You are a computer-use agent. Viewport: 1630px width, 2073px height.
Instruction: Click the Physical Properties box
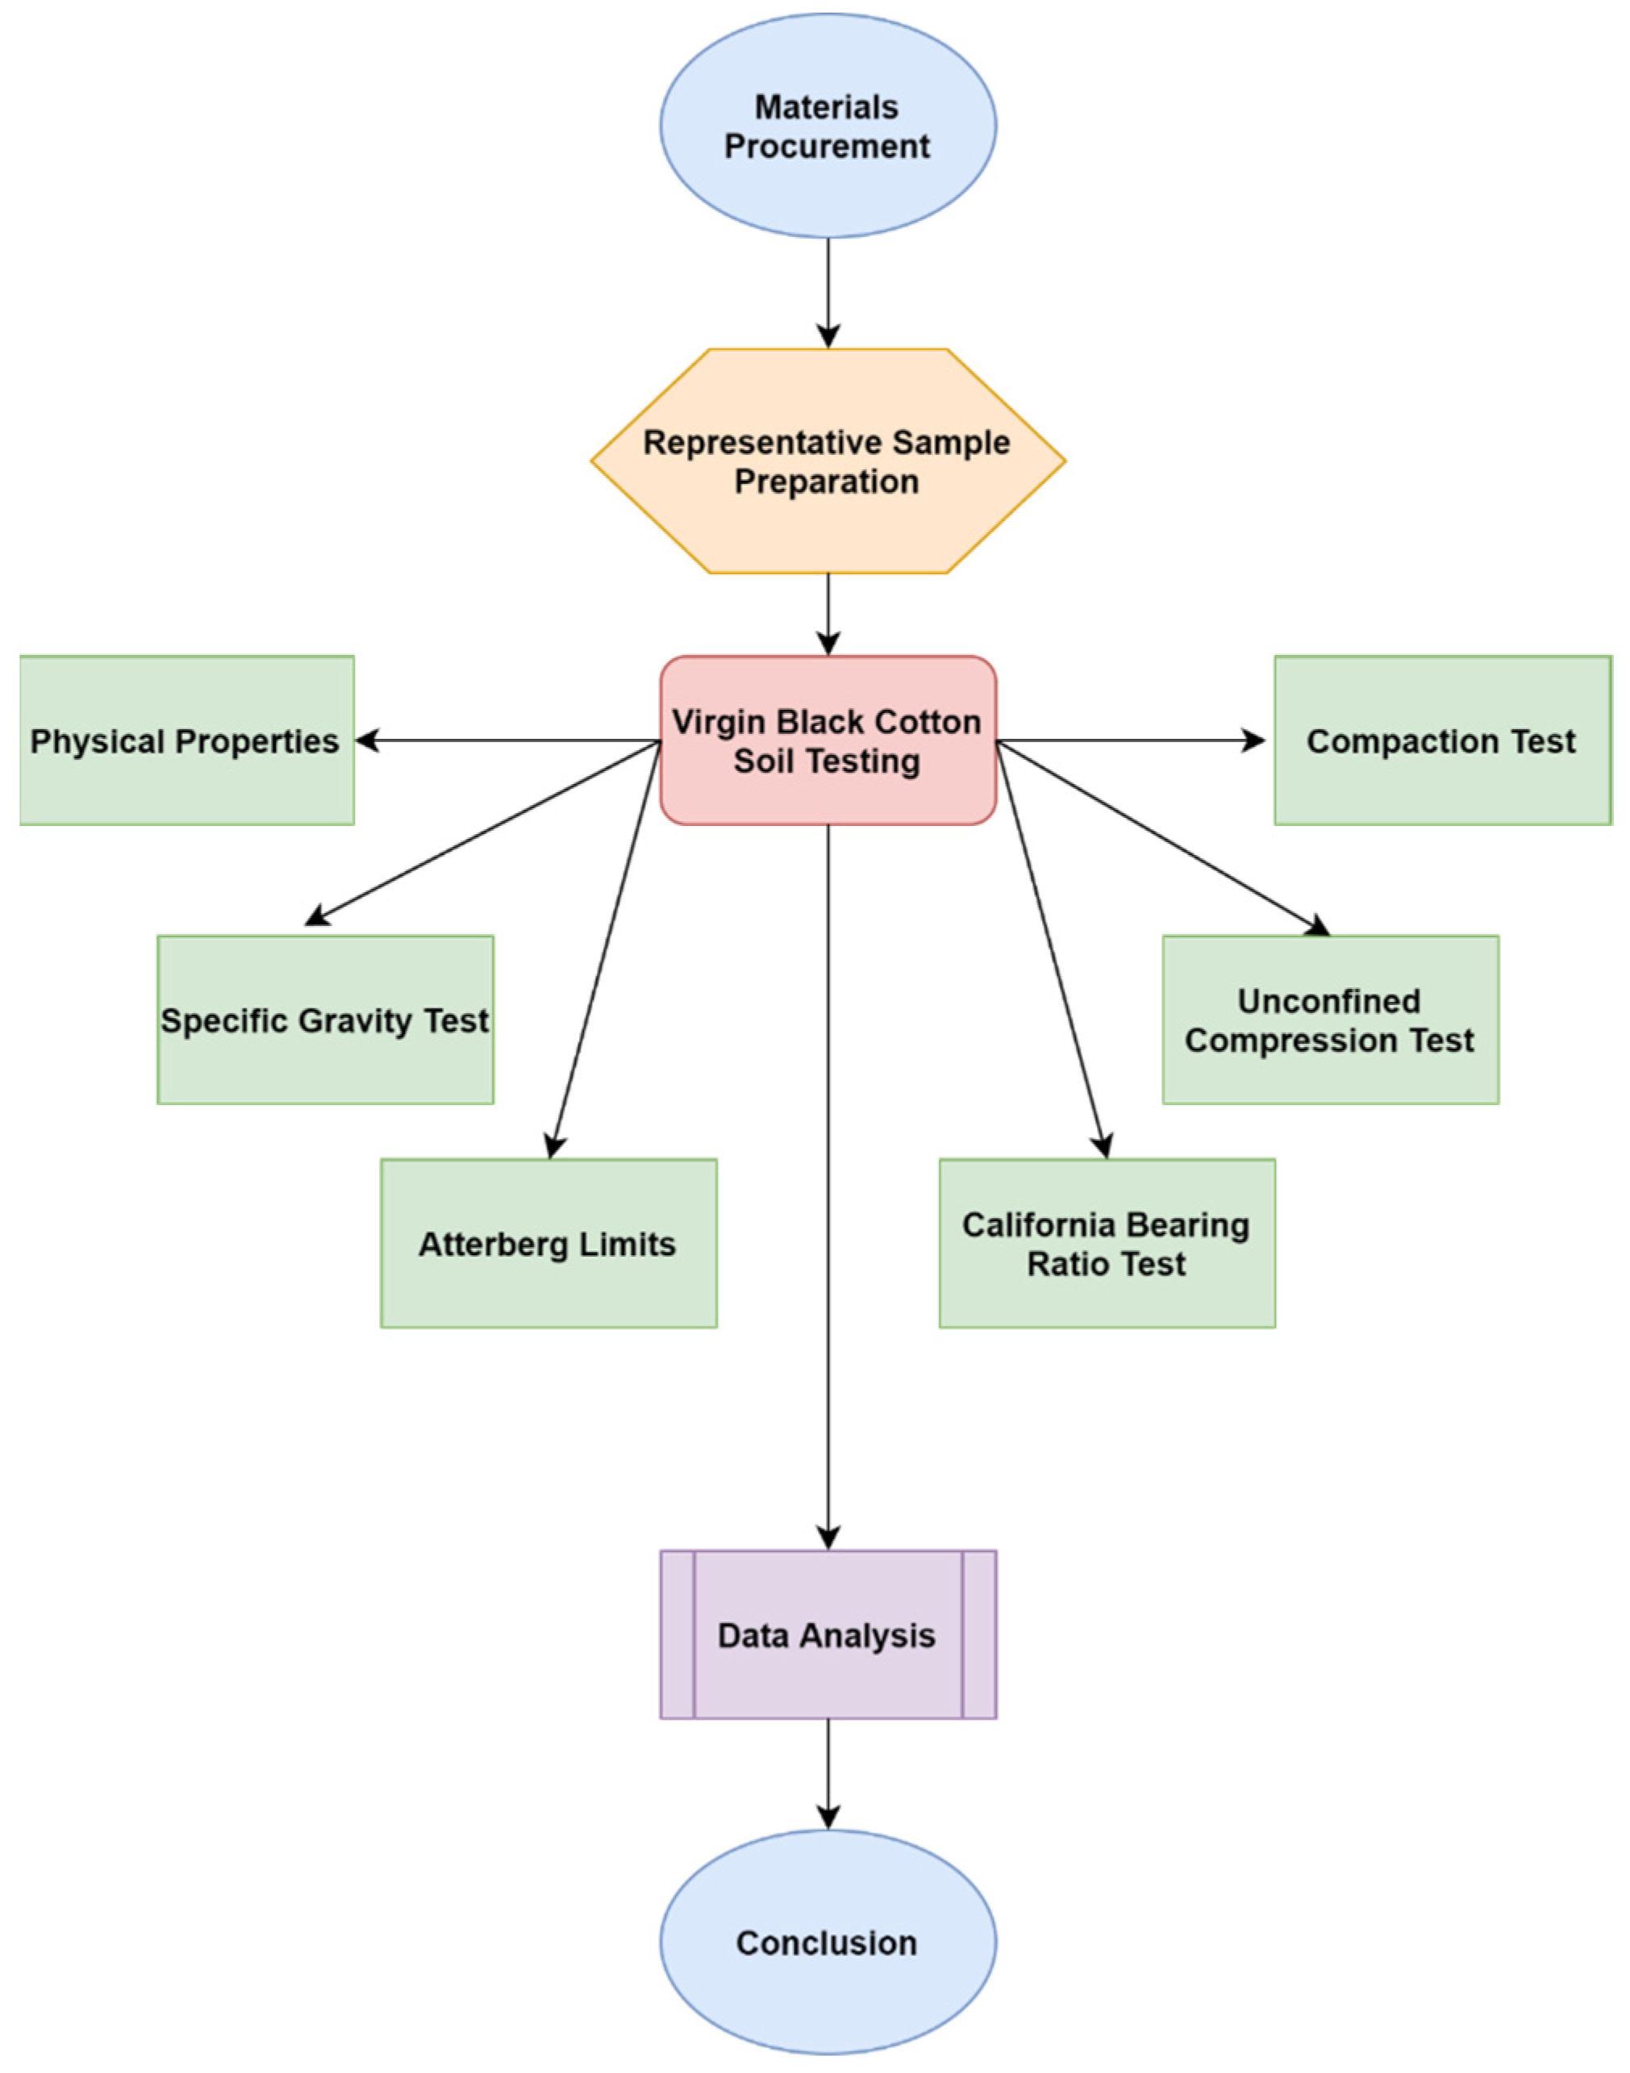[x=186, y=740]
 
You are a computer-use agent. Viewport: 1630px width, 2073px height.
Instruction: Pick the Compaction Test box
[x=1442, y=740]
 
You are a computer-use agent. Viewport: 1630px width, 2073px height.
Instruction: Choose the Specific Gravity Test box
[x=324, y=1020]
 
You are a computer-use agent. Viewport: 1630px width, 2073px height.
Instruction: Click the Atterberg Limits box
[x=548, y=1243]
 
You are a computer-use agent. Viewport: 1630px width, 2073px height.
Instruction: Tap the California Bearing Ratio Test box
[x=1107, y=1243]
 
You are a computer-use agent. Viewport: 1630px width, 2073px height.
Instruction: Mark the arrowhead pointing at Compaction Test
[x=1253, y=740]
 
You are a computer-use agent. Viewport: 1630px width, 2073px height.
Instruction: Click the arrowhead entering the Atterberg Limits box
[x=553, y=1145]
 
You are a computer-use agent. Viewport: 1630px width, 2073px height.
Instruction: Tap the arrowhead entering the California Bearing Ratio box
[x=1103, y=1145]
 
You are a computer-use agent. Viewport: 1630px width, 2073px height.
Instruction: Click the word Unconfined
[x=1328, y=1000]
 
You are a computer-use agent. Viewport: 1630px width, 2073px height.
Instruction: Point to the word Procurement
[x=828, y=146]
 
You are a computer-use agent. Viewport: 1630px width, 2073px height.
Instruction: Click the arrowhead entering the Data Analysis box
[x=828, y=1537]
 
